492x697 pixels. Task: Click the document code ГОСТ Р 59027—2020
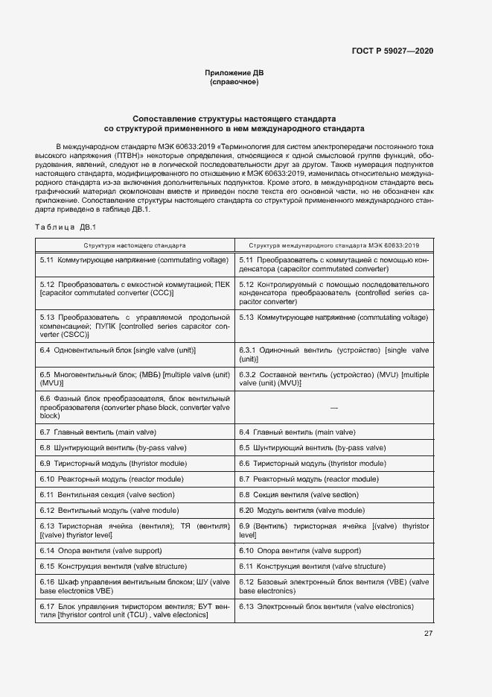click(x=392, y=50)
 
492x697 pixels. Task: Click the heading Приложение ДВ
click(x=234, y=72)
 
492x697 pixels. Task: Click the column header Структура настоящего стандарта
click(x=135, y=245)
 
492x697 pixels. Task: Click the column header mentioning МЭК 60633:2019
click(x=334, y=245)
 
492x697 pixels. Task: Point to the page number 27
click(x=428, y=634)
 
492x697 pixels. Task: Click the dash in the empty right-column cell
click(x=333, y=409)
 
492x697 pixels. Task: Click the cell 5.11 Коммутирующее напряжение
click(x=134, y=259)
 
